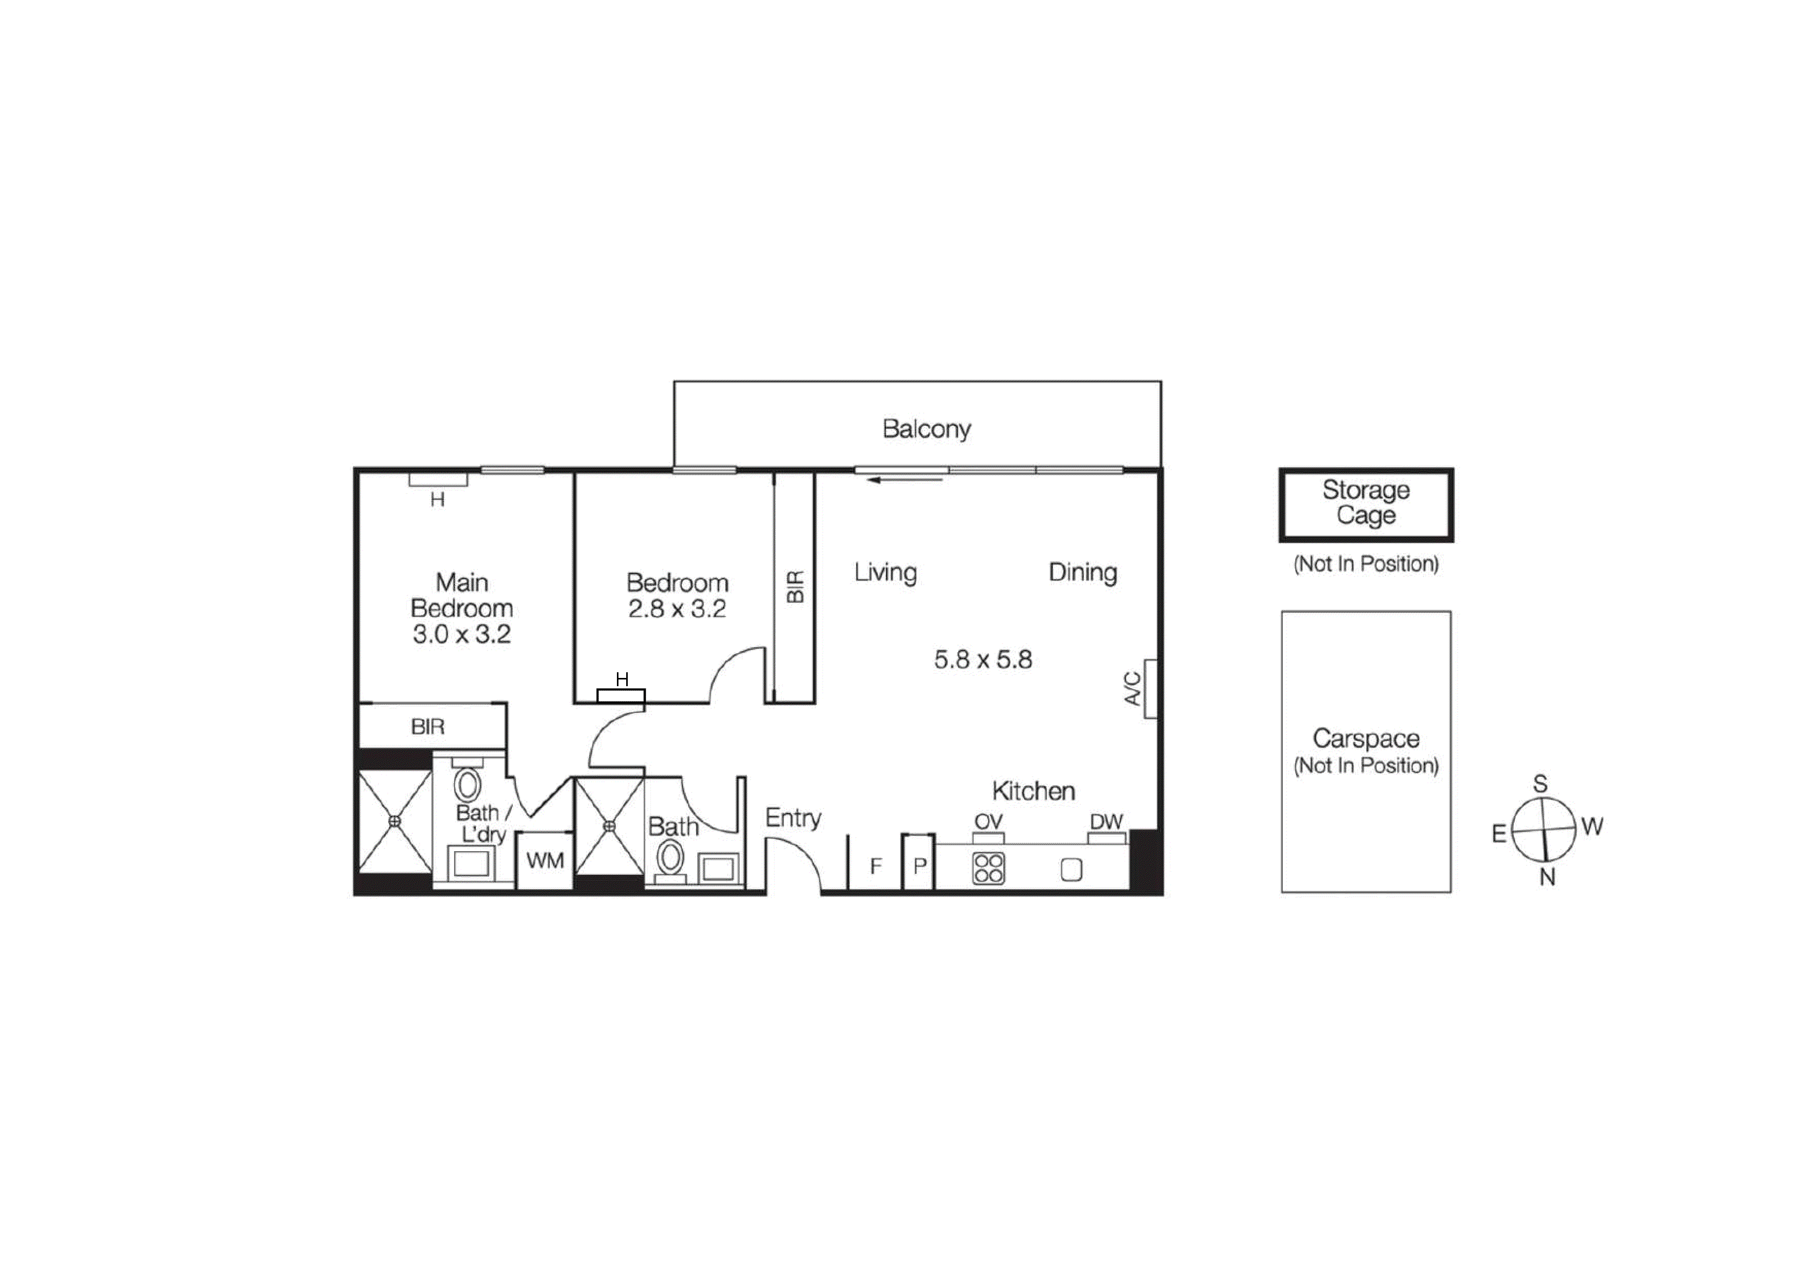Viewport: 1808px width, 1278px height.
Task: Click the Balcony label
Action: [926, 429]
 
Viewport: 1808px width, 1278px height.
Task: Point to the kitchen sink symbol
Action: [1071, 869]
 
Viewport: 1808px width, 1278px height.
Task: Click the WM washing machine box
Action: [545, 860]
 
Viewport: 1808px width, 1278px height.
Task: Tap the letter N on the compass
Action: [1547, 877]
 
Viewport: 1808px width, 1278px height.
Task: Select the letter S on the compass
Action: [1541, 784]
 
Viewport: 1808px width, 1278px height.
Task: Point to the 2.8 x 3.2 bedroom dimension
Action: [677, 609]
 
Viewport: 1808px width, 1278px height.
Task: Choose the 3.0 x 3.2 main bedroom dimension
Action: [462, 634]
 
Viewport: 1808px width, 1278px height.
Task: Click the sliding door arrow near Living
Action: [906, 479]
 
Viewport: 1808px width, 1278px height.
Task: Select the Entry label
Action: [793, 818]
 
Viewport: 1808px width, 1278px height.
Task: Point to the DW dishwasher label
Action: [1106, 821]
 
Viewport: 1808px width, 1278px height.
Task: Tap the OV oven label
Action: [988, 821]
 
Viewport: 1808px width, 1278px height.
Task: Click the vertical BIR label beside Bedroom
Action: [795, 587]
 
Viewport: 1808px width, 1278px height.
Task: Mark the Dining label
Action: [1083, 572]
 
